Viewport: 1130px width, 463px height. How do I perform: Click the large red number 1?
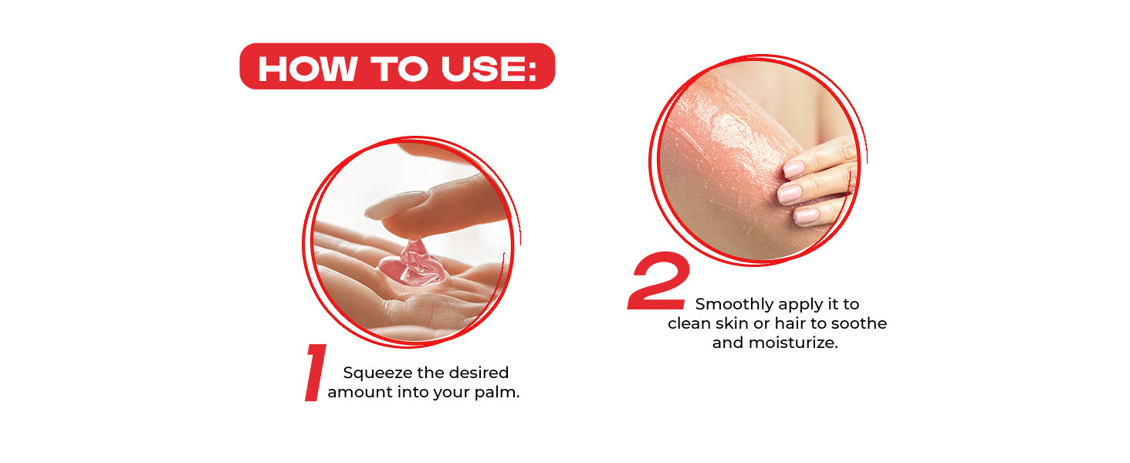(316, 373)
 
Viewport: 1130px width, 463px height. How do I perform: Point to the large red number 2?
(659, 280)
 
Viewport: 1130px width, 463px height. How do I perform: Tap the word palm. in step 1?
(497, 392)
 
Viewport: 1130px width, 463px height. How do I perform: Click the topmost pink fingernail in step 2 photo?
(793, 169)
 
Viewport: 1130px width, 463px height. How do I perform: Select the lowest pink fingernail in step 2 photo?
(806, 215)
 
